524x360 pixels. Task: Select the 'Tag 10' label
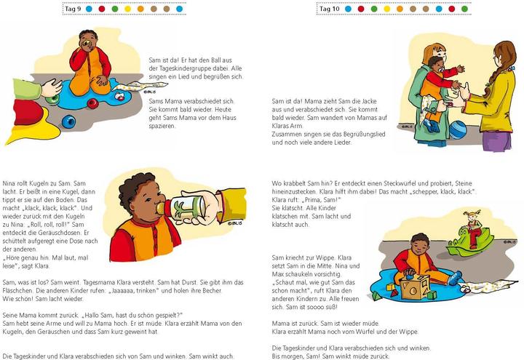[330, 9]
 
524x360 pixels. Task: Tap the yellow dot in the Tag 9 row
[127, 9]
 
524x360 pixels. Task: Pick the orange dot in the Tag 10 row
[387, 9]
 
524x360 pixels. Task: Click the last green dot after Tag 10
[464, 9]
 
